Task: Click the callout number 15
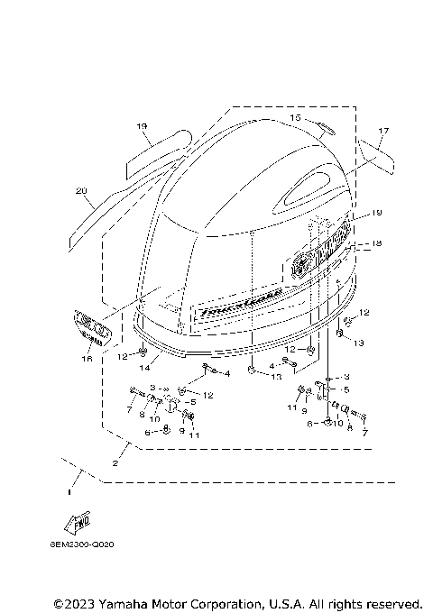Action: [x=295, y=117]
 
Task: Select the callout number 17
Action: [x=382, y=132]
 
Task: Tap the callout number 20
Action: [x=80, y=191]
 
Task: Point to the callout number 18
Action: [x=377, y=244]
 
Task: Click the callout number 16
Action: [x=87, y=358]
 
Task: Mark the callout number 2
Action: [x=115, y=462]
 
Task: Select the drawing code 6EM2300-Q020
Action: [x=89, y=569]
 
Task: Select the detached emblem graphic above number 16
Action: [x=90, y=325]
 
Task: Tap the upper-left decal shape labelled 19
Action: [x=160, y=151]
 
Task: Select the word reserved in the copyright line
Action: [x=392, y=603]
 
